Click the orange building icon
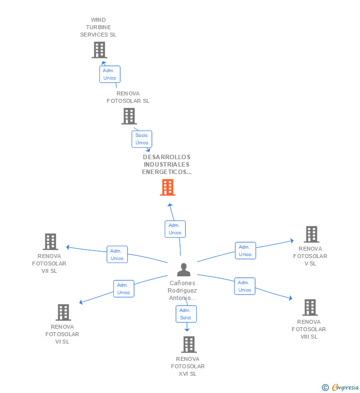[168, 187]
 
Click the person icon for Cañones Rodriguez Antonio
[183, 269]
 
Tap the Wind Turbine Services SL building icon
[99, 50]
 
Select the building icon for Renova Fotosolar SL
[129, 116]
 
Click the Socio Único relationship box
[142, 139]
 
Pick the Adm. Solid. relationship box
[186, 314]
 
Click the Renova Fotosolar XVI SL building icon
[189, 345]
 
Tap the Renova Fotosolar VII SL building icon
[50, 242]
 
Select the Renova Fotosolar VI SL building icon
[63, 312]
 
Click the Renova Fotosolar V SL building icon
[312, 234]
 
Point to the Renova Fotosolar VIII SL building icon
[310, 307]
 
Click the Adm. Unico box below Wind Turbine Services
[110, 74]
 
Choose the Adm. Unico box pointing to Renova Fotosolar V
[245, 251]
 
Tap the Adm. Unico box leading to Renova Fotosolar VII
[117, 255]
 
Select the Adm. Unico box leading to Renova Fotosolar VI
[124, 289]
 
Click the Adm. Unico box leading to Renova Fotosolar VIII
[245, 286]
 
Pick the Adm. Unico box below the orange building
[175, 229]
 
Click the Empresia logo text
[345, 387]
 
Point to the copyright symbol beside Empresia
[325, 388]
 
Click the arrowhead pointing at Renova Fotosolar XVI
[187, 329]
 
